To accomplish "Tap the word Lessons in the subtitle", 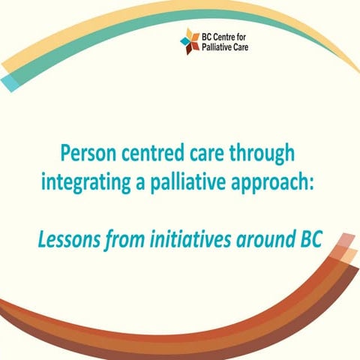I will pos(65,241).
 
